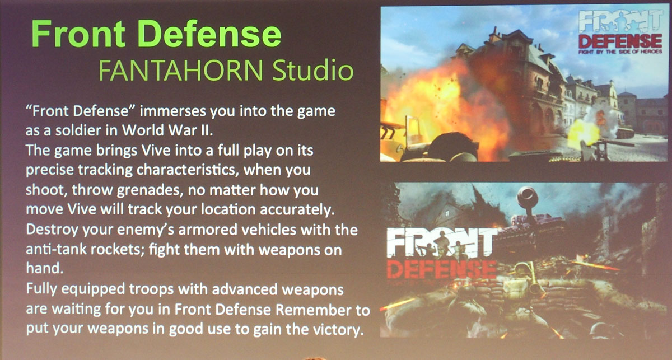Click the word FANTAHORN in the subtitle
point(181,70)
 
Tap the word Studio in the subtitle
point(313,70)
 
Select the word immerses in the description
point(173,111)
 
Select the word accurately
point(297,209)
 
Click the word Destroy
point(52,230)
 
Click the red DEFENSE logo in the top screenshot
point(620,41)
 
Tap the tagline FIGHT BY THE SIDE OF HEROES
point(620,52)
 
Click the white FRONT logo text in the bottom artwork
point(442,243)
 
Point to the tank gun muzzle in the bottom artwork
point(527,196)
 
